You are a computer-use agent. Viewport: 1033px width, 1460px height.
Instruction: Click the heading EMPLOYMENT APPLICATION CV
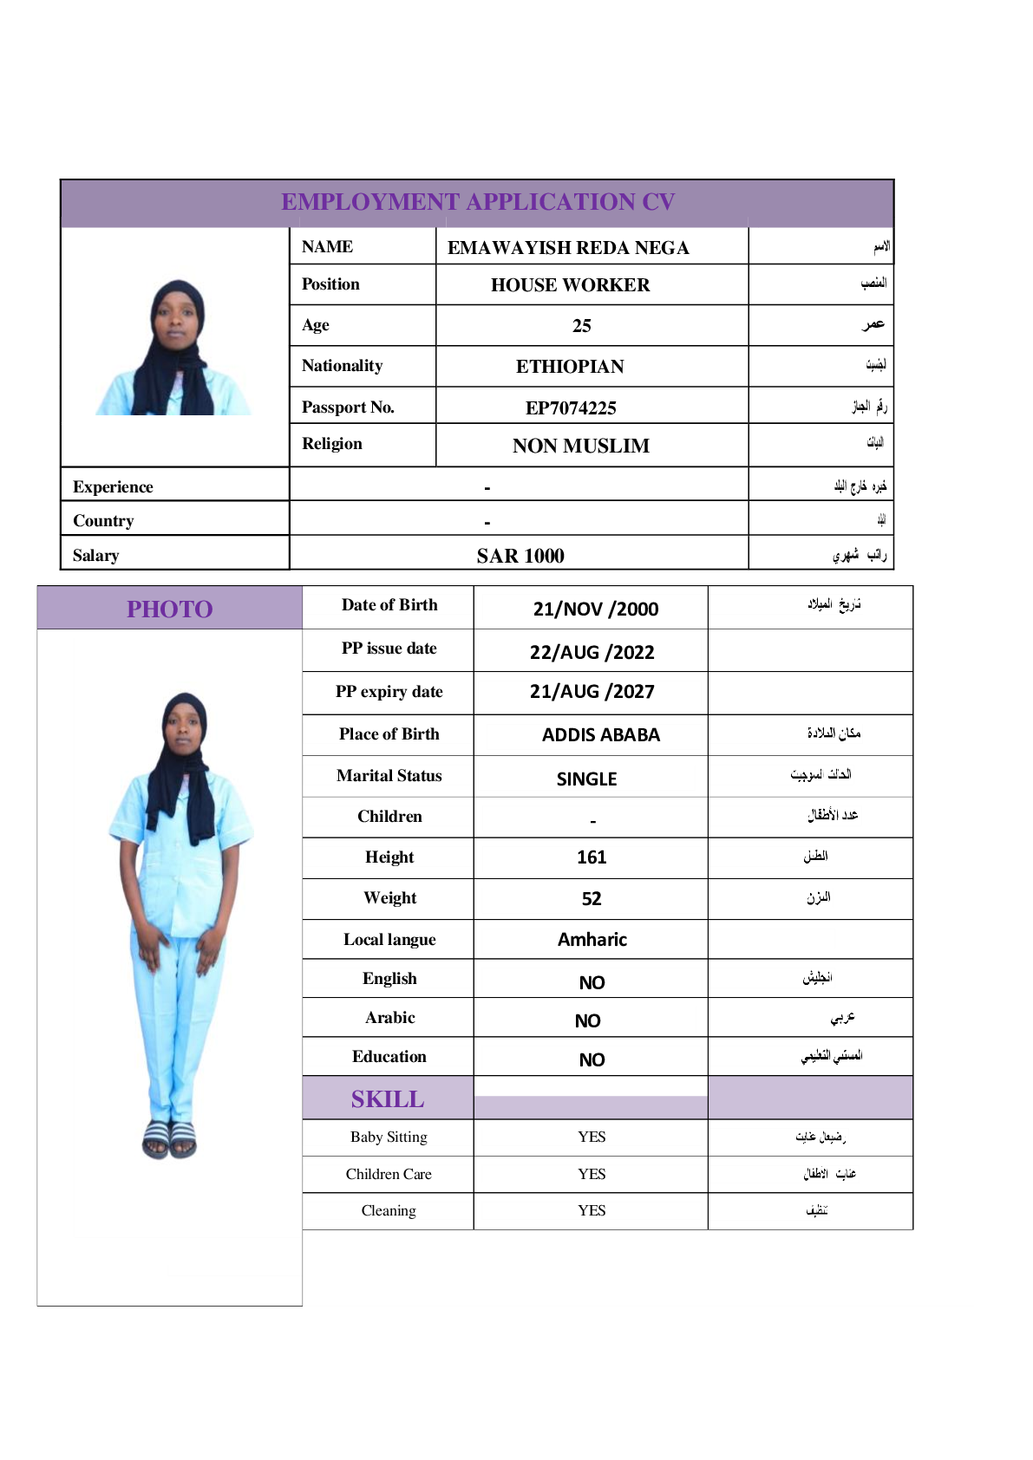(x=478, y=202)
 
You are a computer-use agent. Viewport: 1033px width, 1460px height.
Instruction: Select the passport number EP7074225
(x=571, y=407)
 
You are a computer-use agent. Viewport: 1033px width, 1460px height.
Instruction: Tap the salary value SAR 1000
(x=520, y=556)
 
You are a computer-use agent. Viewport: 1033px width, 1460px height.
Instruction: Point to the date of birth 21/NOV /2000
(x=596, y=609)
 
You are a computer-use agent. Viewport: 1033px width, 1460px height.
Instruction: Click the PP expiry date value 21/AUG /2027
(x=592, y=692)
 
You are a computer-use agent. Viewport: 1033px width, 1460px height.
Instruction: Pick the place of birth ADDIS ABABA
(x=601, y=735)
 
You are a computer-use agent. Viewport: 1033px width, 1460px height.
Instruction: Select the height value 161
(x=592, y=857)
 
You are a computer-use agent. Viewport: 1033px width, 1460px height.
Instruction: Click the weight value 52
(x=592, y=899)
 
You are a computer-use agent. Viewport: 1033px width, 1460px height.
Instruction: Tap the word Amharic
(x=592, y=940)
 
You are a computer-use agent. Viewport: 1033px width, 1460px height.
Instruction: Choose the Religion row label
(x=332, y=444)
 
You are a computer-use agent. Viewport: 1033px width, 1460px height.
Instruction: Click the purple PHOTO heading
(x=170, y=609)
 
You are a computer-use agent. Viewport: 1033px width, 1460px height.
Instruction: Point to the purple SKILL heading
(x=388, y=1099)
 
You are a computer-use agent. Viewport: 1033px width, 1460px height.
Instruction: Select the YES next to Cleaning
(x=592, y=1210)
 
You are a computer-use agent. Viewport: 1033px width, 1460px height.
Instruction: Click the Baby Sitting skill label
(x=389, y=1137)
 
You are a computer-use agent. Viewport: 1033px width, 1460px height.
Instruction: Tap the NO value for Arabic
(x=588, y=1021)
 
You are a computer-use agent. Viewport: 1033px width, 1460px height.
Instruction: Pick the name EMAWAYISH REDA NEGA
(x=568, y=248)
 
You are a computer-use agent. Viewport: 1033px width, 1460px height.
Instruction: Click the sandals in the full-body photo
(x=169, y=1138)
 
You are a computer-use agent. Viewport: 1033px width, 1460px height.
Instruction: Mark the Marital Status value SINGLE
(x=587, y=779)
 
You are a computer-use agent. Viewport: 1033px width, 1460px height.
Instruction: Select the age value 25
(x=582, y=326)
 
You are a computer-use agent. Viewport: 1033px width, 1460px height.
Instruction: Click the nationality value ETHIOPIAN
(x=570, y=367)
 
